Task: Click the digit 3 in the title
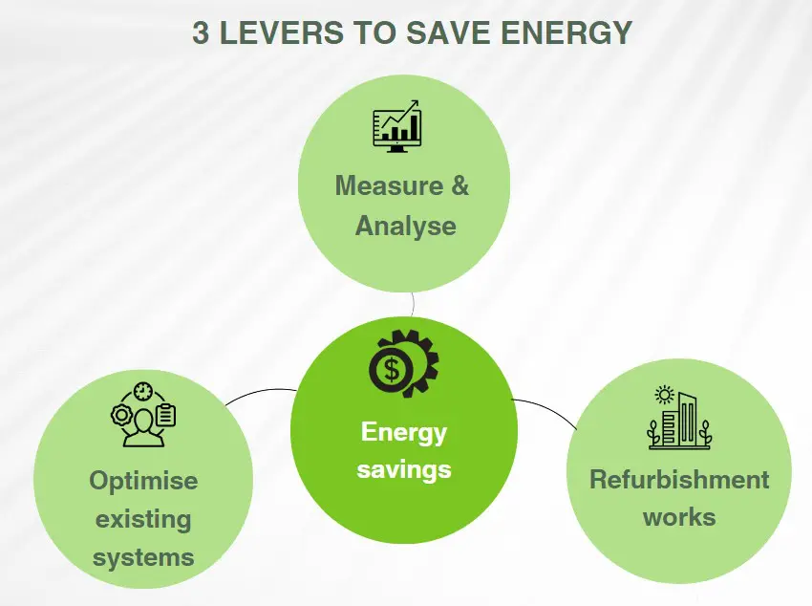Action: [x=201, y=32]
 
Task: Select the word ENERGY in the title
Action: [x=566, y=32]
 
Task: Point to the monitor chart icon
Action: [x=396, y=126]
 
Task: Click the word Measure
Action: [x=390, y=185]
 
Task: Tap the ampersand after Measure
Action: [x=459, y=185]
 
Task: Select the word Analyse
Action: [x=405, y=227]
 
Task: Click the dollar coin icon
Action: [x=392, y=369]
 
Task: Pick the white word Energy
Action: [x=403, y=433]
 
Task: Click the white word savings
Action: [x=404, y=470]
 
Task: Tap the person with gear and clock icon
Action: [x=143, y=415]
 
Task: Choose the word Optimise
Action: [x=143, y=481]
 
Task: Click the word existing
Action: [x=143, y=520]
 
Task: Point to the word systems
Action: [x=143, y=558]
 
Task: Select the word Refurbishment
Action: [x=679, y=480]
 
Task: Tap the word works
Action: [x=679, y=517]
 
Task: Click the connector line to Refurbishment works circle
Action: [x=545, y=409]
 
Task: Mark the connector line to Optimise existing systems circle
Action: [x=262, y=392]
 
